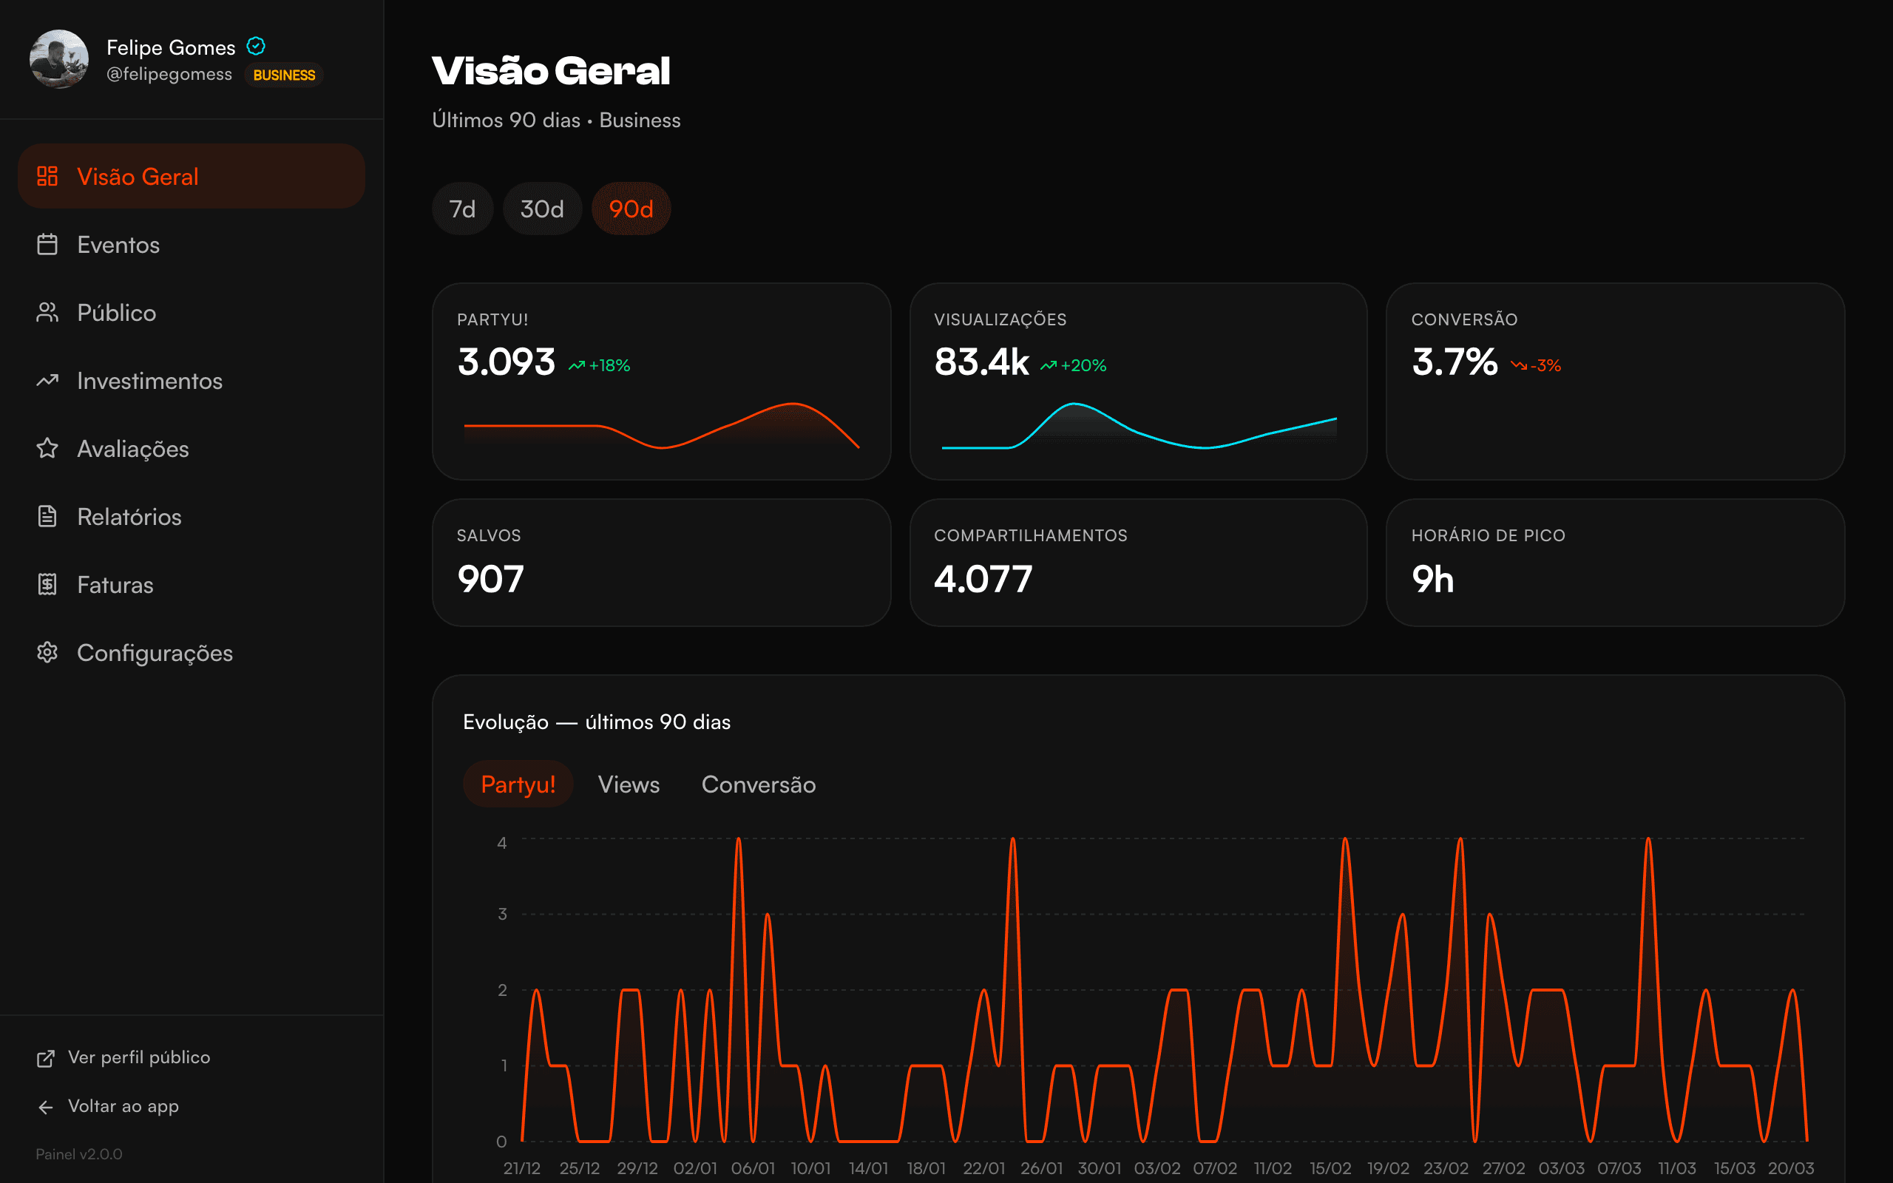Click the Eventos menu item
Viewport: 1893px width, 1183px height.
click(118, 245)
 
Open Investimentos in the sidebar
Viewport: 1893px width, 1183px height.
click(149, 381)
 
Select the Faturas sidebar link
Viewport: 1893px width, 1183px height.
click(115, 586)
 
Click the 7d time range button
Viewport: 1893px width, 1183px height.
click(462, 209)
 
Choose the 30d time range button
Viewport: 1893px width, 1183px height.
click(542, 209)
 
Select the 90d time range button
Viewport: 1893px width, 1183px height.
click(631, 209)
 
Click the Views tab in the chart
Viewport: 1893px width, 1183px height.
click(628, 784)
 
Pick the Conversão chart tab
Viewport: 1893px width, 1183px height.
click(758, 784)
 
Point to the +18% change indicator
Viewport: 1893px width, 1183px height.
click(600, 365)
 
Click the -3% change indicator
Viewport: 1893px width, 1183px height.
click(1537, 365)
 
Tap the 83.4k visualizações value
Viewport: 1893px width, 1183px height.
click(981, 362)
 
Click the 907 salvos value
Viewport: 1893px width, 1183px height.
click(490, 579)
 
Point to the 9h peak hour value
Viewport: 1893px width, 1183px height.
click(1432, 579)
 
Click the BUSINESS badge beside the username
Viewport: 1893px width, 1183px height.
click(284, 75)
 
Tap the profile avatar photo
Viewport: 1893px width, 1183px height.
click(58, 59)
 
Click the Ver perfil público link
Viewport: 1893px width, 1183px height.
click(138, 1058)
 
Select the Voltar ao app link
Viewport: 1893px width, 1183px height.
click(123, 1106)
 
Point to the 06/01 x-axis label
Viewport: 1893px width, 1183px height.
click(753, 1168)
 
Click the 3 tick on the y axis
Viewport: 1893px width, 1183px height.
click(502, 914)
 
